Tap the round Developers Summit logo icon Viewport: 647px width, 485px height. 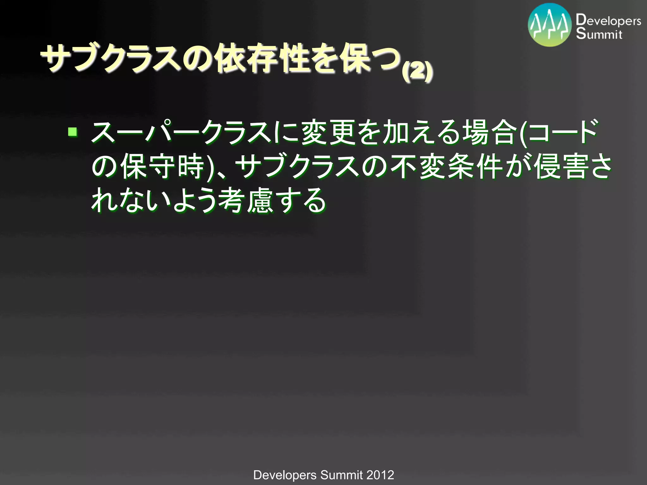pos(550,25)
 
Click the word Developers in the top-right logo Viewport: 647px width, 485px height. pos(608,21)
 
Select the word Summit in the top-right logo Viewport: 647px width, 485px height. pos(599,34)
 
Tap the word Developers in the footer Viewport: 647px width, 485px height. pos(285,475)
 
